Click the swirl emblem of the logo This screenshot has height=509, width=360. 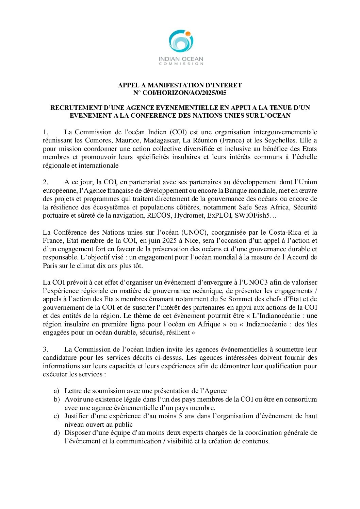(x=181, y=41)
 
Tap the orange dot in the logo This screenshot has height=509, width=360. (x=187, y=34)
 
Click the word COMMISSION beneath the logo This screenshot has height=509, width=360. (x=181, y=64)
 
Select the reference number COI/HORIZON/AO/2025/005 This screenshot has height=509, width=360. (x=184, y=93)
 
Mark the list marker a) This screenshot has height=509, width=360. (x=56, y=391)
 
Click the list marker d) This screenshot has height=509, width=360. (x=56, y=433)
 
